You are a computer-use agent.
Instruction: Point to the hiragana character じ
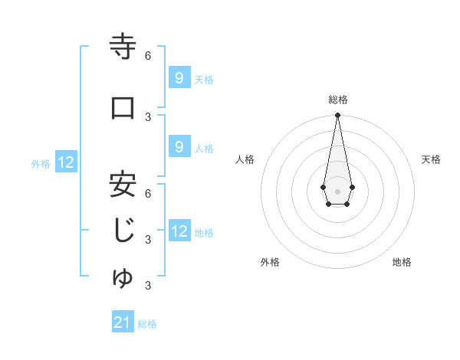point(123,231)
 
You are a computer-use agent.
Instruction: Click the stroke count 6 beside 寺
point(148,56)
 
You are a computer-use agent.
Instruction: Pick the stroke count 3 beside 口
point(148,116)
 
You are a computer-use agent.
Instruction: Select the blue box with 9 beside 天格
point(179,77)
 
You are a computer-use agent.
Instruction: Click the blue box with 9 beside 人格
point(179,147)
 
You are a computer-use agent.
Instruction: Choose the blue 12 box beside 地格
point(179,231)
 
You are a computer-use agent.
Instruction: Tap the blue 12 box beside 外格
point(66,162)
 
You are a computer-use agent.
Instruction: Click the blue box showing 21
point(123,322)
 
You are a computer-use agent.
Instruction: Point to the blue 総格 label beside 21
point(148,324)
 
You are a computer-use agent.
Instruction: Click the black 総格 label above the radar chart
point(338,100)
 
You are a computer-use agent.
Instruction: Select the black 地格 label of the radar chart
point(402,262)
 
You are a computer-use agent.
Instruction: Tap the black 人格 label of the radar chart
point(245,159)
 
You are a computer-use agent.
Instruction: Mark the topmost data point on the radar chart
point(337,116)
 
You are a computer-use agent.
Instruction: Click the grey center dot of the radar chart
point(337,190)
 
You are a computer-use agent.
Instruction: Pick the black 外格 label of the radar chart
point(269,262)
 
